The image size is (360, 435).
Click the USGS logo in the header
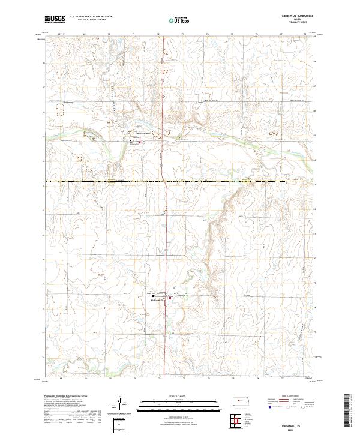[55, 20]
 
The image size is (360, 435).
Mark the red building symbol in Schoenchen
[140, 143]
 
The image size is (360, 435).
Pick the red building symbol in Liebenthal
[170, 296]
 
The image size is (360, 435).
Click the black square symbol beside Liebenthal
[152, 296]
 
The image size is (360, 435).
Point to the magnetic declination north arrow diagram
[119, 404]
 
